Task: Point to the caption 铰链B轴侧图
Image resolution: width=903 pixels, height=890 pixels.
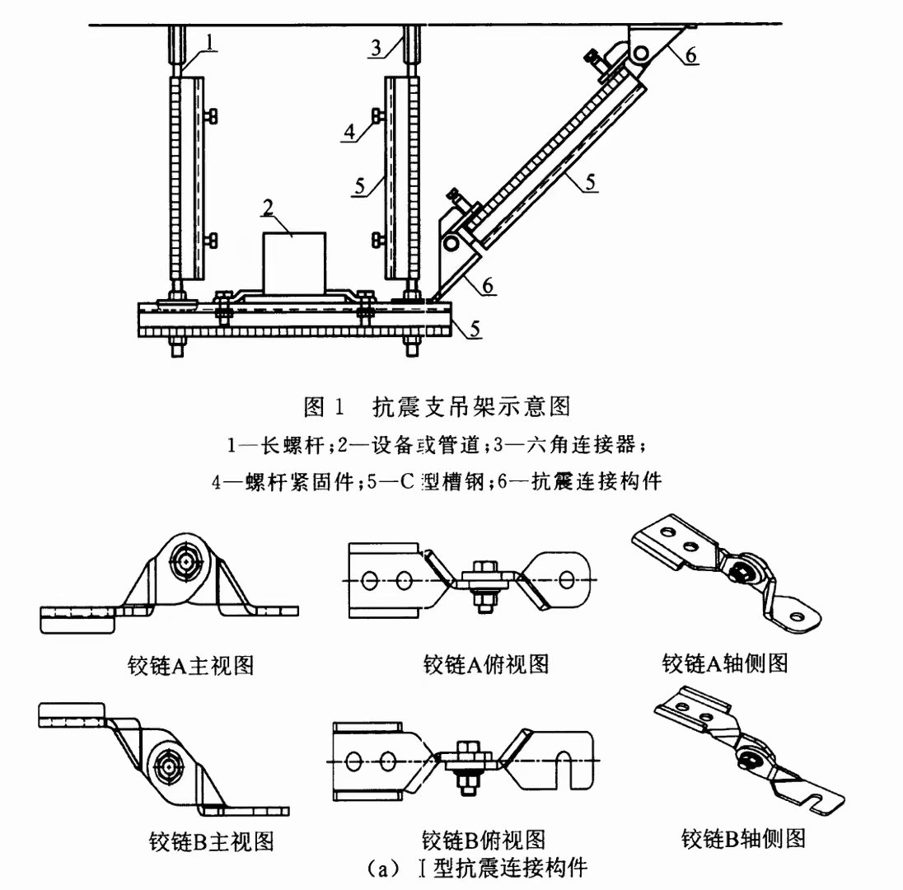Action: tap(742, 838)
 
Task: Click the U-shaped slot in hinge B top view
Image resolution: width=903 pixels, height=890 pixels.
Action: tap(568, 759)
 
